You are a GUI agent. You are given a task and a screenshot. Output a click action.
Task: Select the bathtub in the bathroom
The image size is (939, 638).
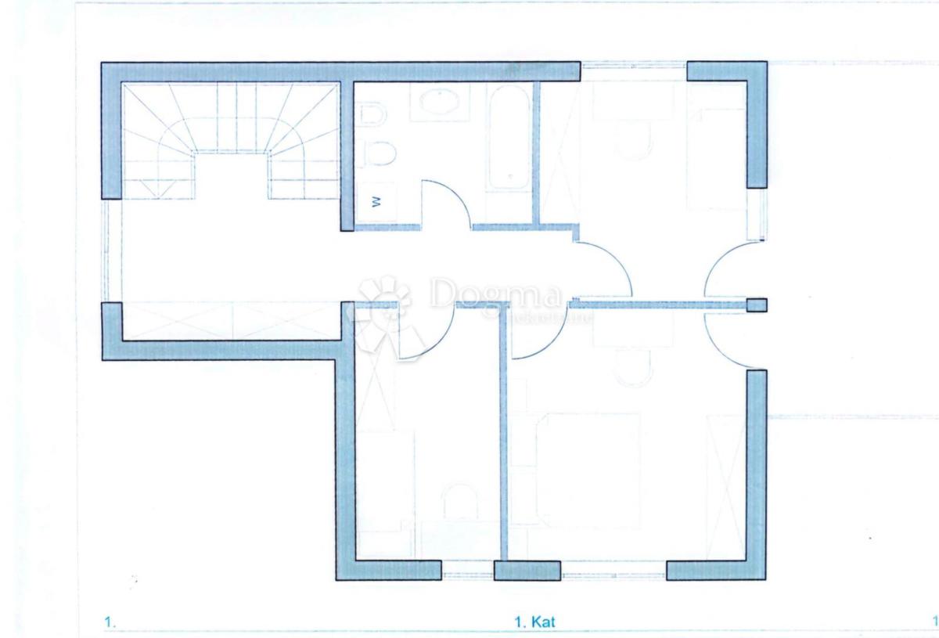[x=507, y=137]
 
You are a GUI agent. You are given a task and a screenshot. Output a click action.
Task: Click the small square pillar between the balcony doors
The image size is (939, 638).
[x=757, y=305]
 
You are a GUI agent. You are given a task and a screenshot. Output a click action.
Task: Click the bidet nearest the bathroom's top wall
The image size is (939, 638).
[x=372, y=115]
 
